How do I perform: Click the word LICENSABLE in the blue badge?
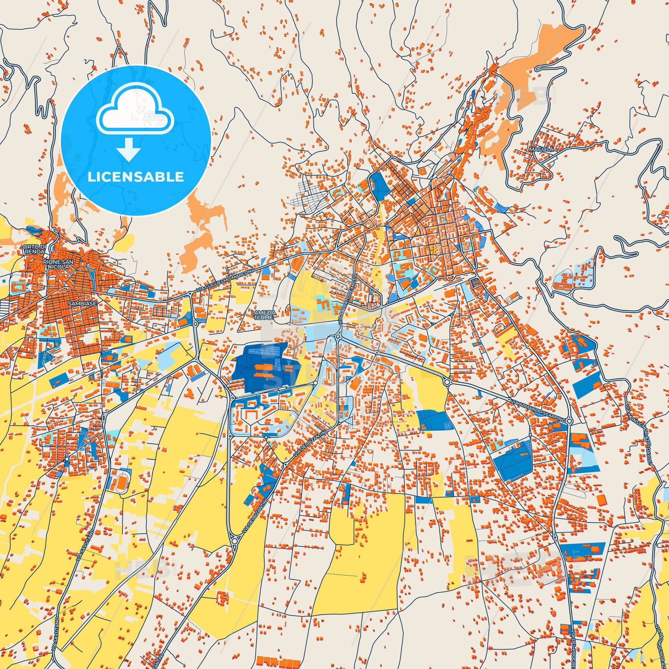(x=135, y=177)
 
